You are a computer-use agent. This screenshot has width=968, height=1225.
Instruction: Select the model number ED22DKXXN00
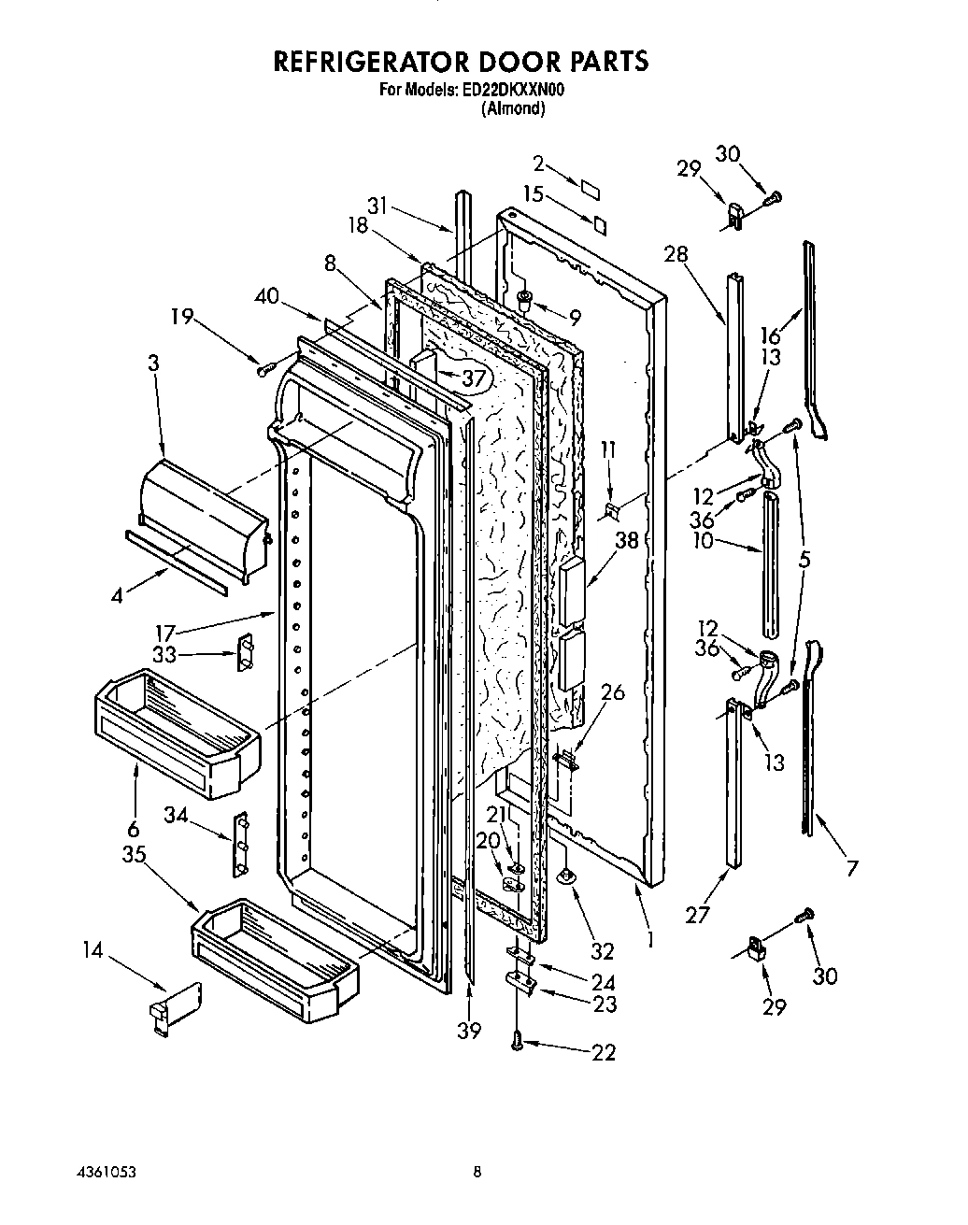[x=513, y=91]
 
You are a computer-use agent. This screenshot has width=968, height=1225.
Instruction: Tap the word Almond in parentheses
[x=513, y=108]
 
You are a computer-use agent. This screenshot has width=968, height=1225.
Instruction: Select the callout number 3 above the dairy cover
[x=152, y=363]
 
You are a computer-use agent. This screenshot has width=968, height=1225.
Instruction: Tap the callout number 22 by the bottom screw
[x=604, y=1052]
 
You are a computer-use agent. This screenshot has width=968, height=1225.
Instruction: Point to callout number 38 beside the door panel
[x=625, y=539]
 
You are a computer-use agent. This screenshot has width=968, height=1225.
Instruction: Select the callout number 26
[x=612, y=693]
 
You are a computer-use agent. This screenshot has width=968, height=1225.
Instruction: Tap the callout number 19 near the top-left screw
[x=183, y=318]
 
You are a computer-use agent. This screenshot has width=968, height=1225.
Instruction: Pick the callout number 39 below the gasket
[x=469, y=1030]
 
